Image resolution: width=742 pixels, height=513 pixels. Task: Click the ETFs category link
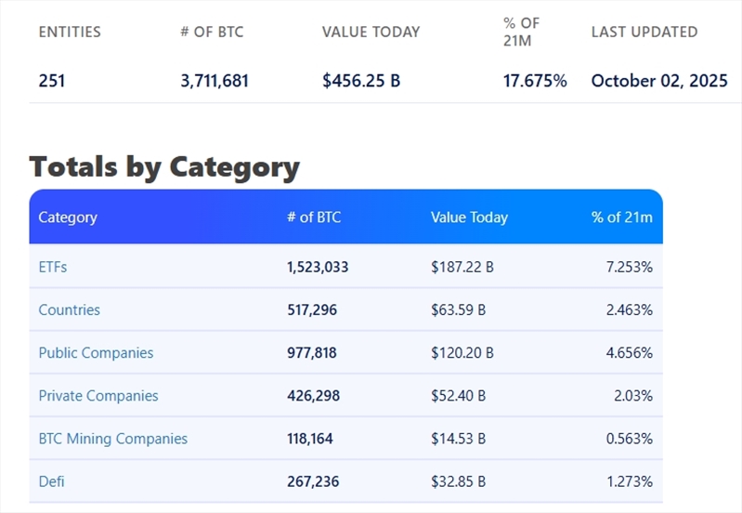click(x=53, y=267)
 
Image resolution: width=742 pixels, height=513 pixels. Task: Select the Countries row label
click(x=69, y=309)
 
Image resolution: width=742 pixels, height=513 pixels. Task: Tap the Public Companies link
click(x=96, y=352)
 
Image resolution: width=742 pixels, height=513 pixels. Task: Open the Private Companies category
click(x=98, y=395)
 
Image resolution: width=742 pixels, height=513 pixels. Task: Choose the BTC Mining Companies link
click(x=112, y=438)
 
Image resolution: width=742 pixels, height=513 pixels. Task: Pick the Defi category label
click(x=51, y=480)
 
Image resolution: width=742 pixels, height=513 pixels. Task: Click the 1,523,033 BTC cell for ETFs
click(x=318, y=267)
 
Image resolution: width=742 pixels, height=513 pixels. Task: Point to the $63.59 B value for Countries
click(x=458, y=309)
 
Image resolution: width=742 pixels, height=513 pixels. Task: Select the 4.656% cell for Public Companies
click(x=629, y=352)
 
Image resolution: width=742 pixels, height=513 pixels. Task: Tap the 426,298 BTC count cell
click(x=313, y=395)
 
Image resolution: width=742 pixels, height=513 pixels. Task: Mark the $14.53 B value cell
click(x=458, y=438)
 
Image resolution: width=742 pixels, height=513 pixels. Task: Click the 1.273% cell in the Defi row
click(x=629, y=480)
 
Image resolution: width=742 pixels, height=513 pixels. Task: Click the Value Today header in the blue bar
click(x=469, y=217)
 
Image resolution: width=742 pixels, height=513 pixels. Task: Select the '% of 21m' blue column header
click(x=621, y=217)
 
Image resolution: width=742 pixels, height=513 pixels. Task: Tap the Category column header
click(x=68, y=217)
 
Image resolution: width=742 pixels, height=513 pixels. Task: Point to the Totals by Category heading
click(x=164, y=167)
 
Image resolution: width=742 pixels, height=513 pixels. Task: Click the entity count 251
click(x=52, y=81)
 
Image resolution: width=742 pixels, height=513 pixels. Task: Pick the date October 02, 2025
click(x=659, y=81)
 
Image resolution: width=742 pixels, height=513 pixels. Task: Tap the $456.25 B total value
click(x=361, y=81)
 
